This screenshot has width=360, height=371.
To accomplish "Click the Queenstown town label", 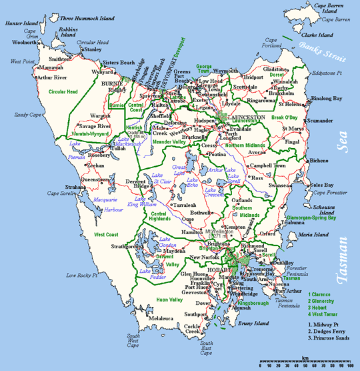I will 94,179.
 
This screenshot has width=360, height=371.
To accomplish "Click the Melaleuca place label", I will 161,319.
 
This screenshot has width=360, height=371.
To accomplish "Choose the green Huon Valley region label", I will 167,300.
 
